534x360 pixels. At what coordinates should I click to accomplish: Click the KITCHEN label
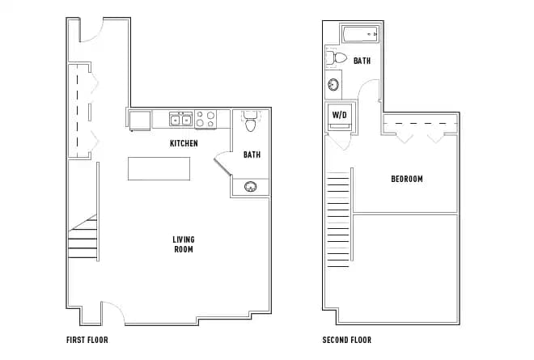coord(184,143)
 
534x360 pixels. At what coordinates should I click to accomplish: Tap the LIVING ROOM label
coord(184,244)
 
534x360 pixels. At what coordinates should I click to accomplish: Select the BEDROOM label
coord(406,179)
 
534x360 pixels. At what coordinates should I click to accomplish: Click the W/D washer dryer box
coord(339,116)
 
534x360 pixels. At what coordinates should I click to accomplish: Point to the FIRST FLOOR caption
coord(87,340)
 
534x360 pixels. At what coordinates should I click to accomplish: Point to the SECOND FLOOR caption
coord(346,340)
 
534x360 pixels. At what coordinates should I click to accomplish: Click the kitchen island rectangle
coord(158,169)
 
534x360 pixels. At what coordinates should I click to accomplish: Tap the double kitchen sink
coord(180,121)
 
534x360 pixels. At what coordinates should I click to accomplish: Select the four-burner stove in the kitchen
coord(206,120)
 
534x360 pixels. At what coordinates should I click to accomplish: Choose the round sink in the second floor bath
coord(333,85)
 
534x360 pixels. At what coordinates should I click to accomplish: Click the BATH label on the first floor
coord(252,155)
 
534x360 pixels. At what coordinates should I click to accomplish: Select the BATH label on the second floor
coord(362,61)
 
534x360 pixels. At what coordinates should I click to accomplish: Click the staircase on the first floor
coord(83,235)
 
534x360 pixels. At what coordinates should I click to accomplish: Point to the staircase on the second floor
coord(339,235)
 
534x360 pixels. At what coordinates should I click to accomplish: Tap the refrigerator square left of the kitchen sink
coord(139,120)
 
